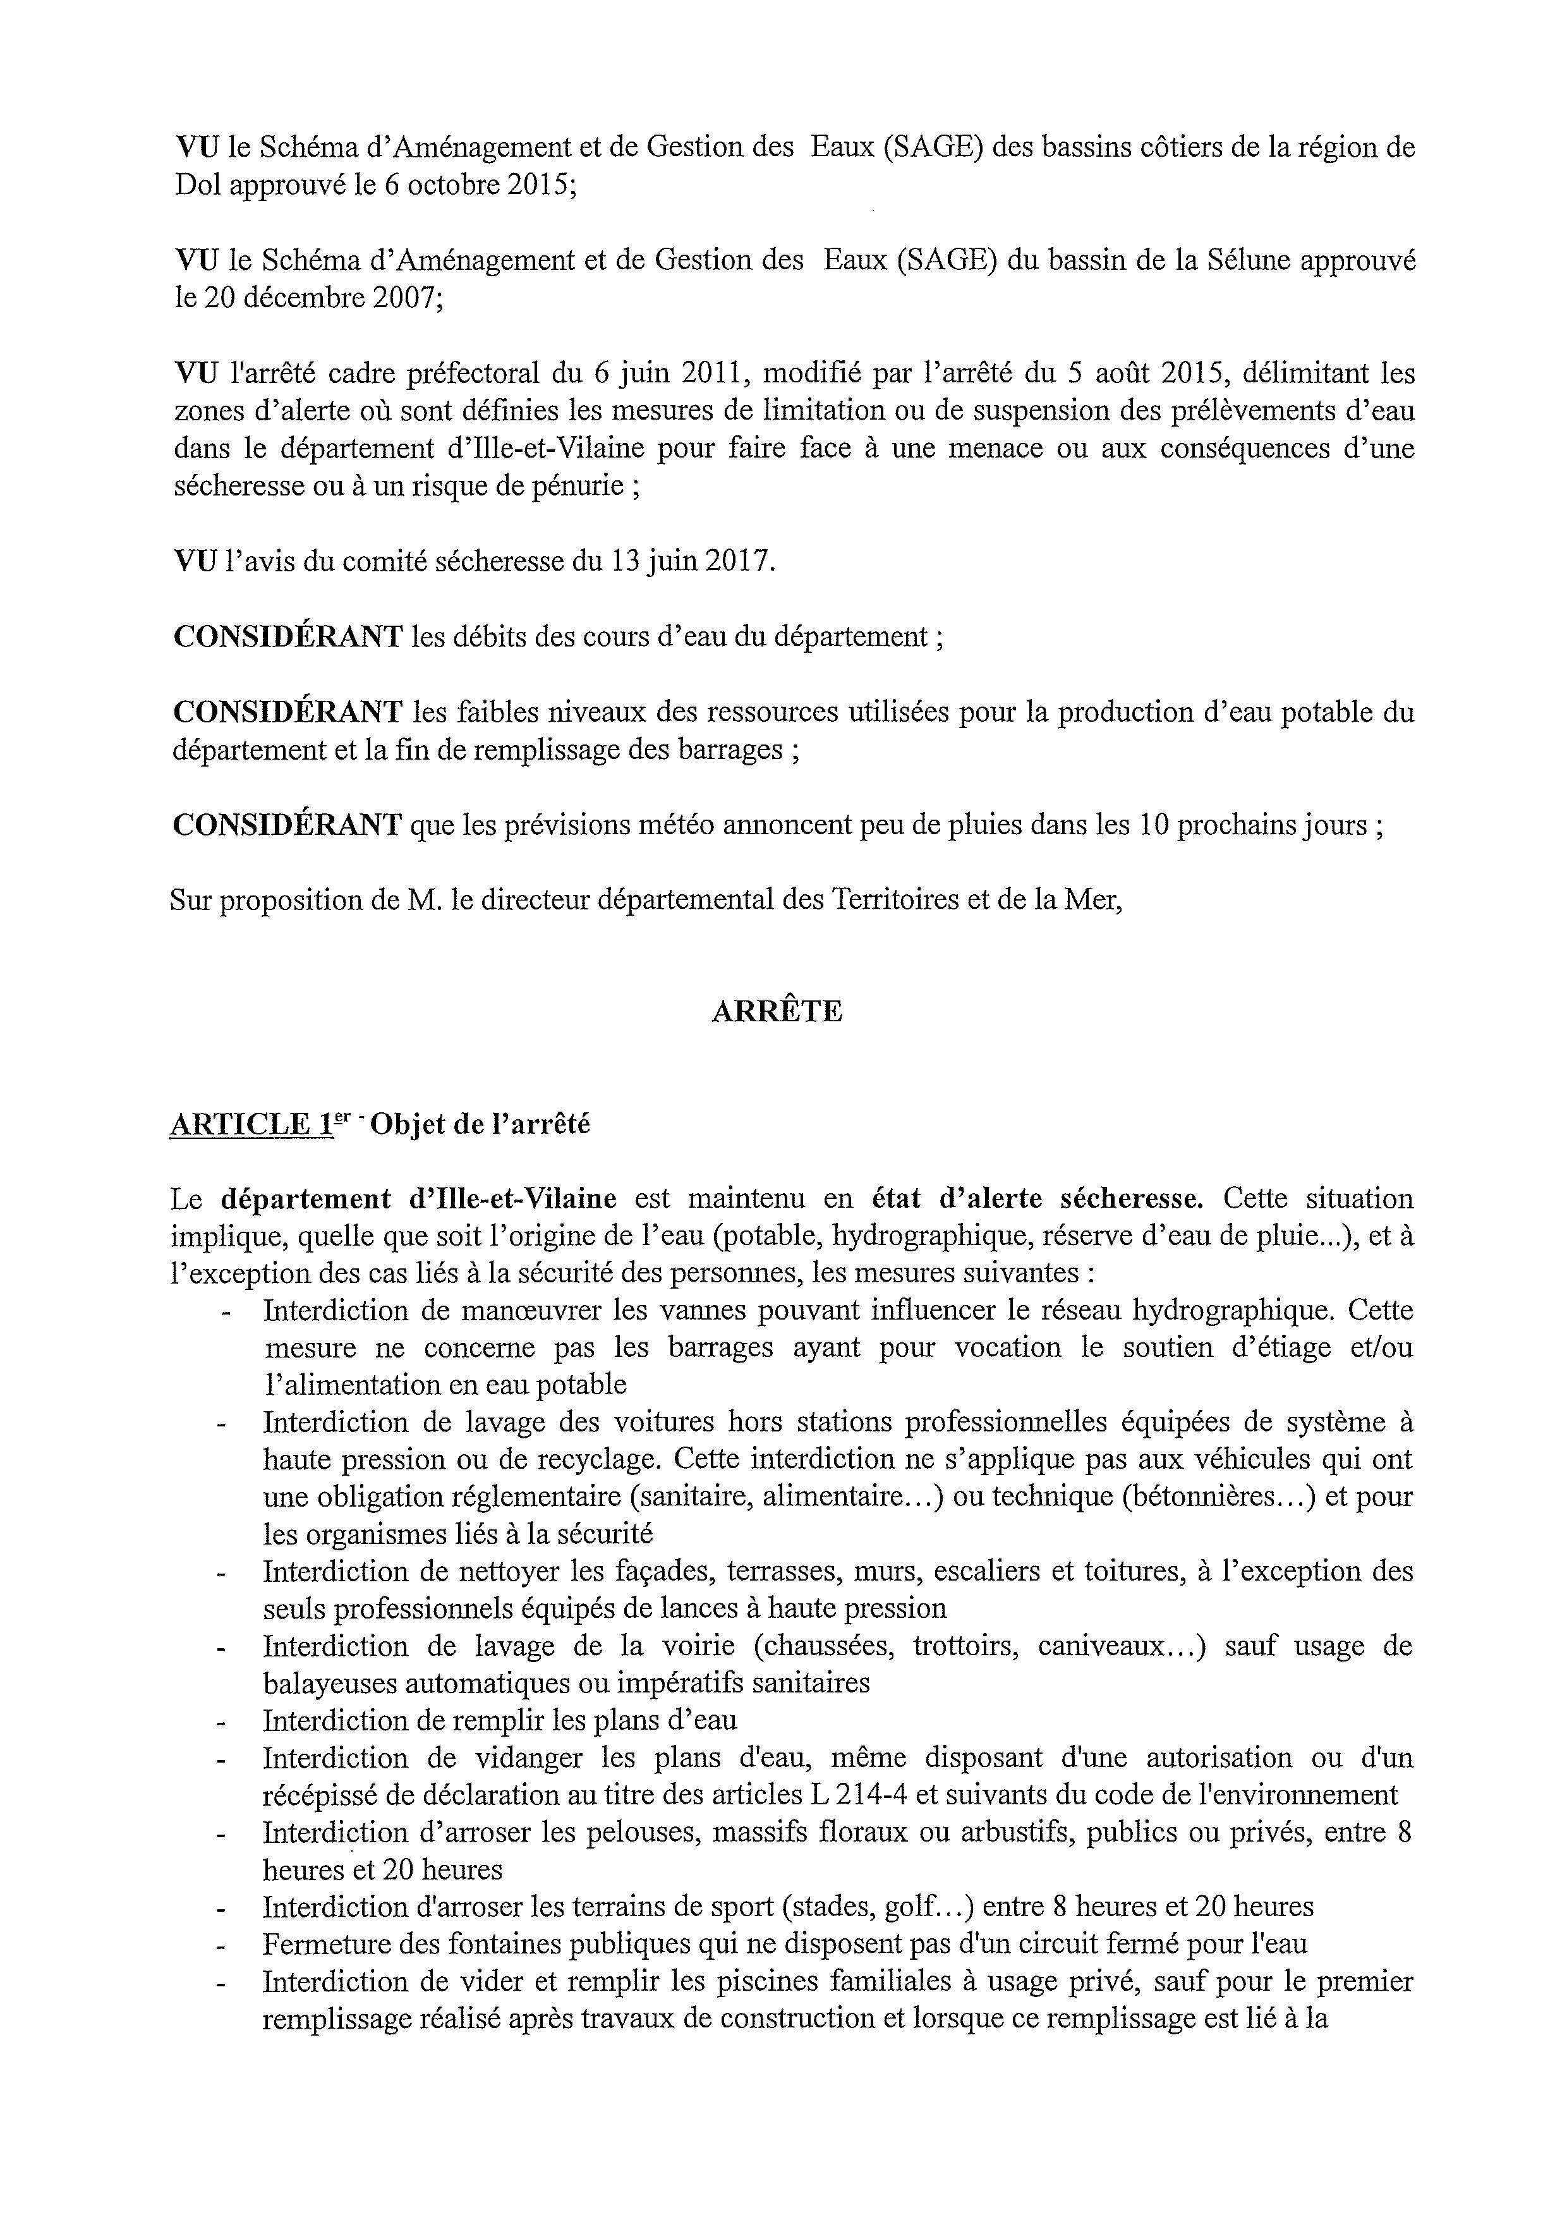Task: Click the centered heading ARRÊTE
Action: (x=777, y=1011)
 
